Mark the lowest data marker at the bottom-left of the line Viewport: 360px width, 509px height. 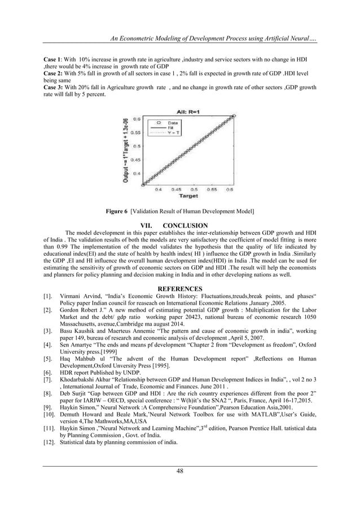pos(143,183)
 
